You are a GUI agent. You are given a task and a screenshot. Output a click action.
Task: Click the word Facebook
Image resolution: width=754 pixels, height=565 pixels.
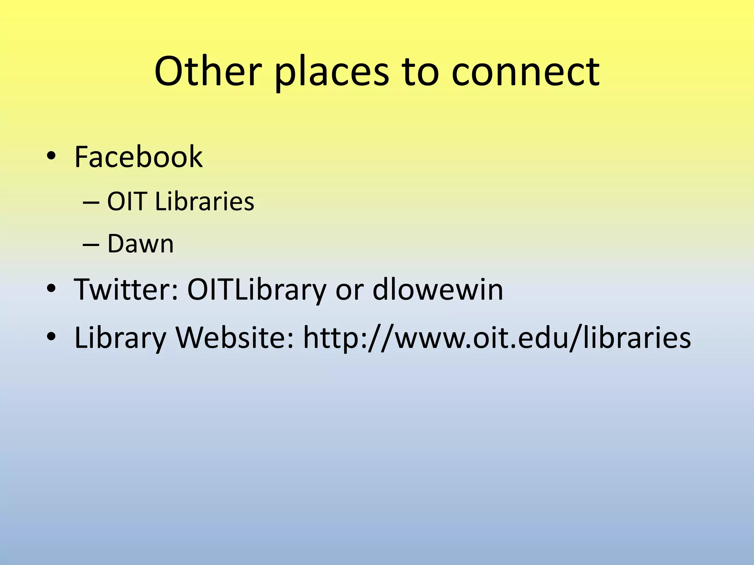138,157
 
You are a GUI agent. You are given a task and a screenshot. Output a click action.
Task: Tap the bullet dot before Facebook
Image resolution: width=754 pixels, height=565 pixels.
51,157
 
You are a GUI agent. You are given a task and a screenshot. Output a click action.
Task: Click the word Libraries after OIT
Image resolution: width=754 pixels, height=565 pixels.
205,202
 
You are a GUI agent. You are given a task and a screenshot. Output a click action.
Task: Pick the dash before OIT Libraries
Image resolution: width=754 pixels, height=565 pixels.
91,202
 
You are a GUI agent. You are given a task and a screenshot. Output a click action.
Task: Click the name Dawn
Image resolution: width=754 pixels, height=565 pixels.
140,244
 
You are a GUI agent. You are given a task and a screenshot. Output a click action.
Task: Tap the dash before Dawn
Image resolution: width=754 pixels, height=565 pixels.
91,245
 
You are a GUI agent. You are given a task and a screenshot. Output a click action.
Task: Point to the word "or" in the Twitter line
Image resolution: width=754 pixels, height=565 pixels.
349,291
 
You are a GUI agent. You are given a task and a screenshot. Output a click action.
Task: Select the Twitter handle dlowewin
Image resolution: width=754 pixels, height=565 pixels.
438,289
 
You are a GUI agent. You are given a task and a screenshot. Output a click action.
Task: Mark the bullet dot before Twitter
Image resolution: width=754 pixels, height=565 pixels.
51,289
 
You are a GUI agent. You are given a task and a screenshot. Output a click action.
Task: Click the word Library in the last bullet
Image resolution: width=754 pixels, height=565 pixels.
120,338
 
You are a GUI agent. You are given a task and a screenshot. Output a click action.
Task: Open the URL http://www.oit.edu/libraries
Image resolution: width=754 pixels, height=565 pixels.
497,338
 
